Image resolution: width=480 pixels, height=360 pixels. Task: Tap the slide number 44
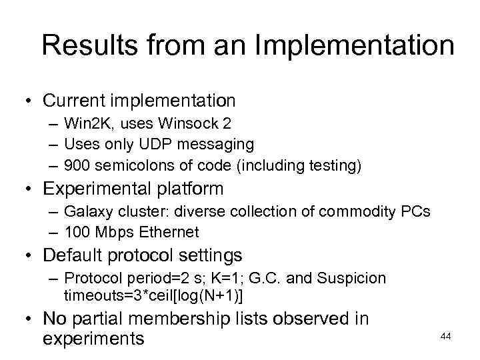click(x=446, y=337)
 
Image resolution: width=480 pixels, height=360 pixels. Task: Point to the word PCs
click(x=415, y=211)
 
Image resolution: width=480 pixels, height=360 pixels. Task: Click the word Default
click(x=71, y=256)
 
